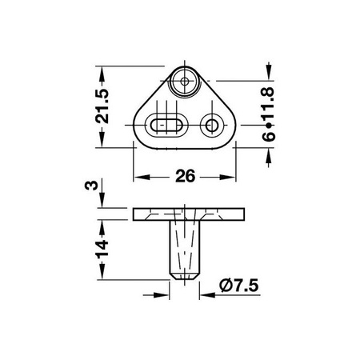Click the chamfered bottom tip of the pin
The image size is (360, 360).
click(183, 273)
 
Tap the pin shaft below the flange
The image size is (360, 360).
click(183, 244)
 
